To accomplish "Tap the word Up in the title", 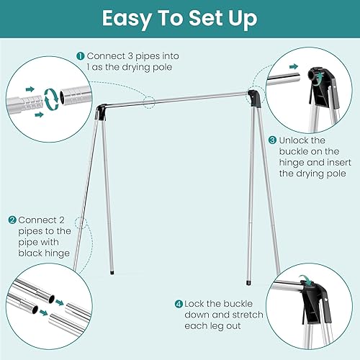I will [x=239, y=18].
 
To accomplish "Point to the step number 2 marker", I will [x=13, y=220].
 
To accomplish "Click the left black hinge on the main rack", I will [x=102, y=112].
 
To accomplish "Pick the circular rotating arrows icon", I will [x=51, y=99].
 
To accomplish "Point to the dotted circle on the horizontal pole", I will [x=149, y=102].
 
